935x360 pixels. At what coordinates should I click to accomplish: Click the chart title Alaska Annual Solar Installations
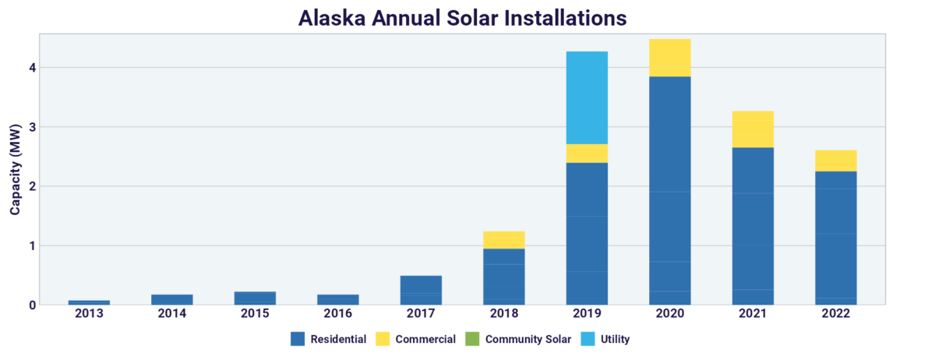pos(462,17)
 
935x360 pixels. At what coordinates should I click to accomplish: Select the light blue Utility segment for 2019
pos(587,97)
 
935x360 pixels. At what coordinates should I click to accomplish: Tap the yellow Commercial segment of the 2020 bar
pos(670,58)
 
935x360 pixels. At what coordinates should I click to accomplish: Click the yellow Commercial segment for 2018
pos(503,239)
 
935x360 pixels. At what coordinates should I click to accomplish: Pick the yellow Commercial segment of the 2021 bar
pos(753,129)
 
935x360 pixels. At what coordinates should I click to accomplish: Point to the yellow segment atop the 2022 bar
pos(836,161)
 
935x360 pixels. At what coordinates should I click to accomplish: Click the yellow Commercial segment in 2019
pos(587,154)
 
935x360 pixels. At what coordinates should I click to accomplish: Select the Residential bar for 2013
pos(89,302)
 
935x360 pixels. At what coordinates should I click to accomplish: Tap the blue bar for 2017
pos(421,290)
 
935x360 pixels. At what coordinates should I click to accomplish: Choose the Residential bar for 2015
pos(255,298)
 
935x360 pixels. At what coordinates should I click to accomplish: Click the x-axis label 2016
pos(338,314)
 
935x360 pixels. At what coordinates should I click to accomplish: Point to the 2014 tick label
pos(172,314)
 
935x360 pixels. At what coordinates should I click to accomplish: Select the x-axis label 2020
pos(670,314)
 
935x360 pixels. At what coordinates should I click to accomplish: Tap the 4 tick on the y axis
pos(32,68)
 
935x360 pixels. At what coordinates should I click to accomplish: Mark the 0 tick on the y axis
pos(32,305)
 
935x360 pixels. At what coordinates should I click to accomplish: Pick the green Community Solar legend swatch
pos(471,339)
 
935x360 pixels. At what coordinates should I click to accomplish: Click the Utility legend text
pos(612,339)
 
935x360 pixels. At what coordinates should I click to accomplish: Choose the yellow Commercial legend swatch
pos(382,339)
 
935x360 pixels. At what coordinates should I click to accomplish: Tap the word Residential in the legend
pos(339,339)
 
